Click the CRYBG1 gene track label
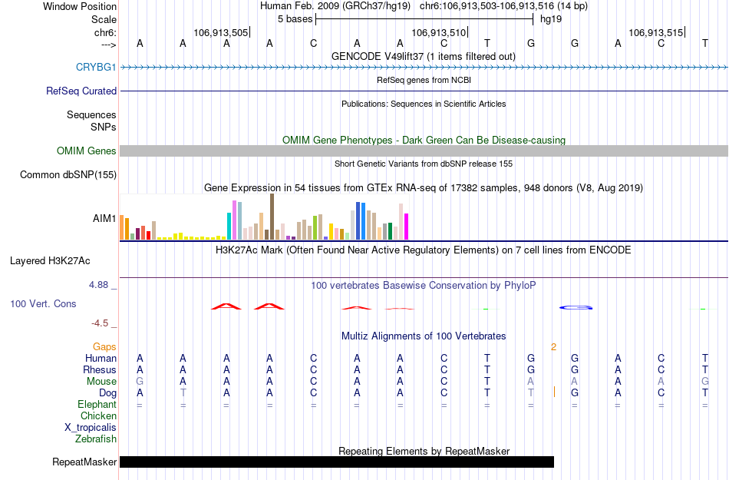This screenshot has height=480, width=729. click(96, 67)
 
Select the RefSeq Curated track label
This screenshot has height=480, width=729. click(81, 91)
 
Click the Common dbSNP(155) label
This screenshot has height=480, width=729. click(68, 175)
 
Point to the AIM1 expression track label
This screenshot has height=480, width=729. click(104, 219)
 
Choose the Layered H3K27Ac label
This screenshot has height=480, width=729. click(50, 260)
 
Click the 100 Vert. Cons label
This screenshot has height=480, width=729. click(43, 304)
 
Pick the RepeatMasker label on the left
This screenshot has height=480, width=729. click(84, 462)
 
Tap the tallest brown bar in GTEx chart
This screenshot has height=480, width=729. click(272, 217)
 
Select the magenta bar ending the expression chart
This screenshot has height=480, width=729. click(407, 226)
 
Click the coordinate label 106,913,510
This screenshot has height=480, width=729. click(439, 33)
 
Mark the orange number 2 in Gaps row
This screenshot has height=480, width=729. click(553, 347)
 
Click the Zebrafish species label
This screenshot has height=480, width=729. click(96, 439)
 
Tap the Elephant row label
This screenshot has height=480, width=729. click(97, 405)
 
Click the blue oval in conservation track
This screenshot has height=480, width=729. click(576, 308)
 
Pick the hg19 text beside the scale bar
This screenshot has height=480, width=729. click(551, 19)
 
